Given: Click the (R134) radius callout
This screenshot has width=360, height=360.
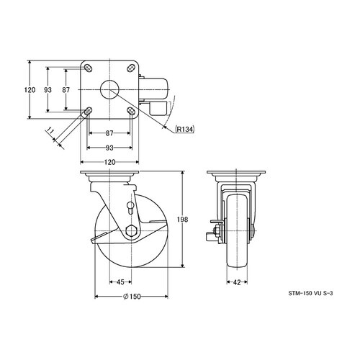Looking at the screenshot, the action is (184, 130).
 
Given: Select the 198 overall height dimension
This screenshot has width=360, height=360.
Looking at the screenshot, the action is (182, 220).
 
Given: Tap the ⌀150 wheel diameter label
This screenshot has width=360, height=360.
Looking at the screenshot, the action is (132, 297).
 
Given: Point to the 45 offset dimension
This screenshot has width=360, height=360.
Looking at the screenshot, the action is (120, 282).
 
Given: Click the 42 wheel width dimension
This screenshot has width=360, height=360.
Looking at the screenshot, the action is (237, 282).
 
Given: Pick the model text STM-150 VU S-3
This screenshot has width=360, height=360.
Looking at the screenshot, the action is (310, 293).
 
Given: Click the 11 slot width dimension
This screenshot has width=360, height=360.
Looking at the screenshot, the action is (50, 130).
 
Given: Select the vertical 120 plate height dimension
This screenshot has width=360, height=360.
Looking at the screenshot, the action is (30, 90).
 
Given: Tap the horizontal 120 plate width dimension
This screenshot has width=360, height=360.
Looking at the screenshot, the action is (109, 162).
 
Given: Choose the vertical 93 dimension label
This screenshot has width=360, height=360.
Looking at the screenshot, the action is (48, 90).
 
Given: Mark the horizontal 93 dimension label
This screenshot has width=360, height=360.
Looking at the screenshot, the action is (109, 148).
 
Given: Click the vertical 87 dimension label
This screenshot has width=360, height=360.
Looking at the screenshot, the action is (66, 90).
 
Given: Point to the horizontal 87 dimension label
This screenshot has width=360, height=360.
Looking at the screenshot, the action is (109, 133).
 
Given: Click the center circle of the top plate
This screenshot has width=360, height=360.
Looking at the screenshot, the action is (109, 90).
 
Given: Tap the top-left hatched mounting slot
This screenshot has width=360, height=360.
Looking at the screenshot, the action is (88, 68).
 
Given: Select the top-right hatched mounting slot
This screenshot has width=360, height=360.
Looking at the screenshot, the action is (131, 68).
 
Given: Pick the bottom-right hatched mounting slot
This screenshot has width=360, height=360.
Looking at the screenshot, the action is (131, 111).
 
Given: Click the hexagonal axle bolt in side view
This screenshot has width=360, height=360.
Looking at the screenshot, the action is (132, 231).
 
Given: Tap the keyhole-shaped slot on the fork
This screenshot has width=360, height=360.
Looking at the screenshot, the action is (130, 207).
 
